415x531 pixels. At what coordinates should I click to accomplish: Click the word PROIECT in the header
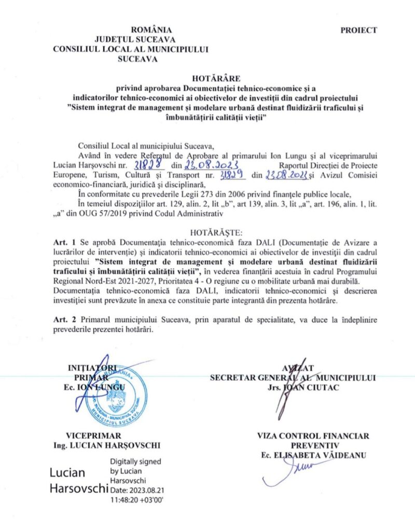coord(358,30)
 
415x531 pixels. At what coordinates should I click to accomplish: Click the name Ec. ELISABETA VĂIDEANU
coord(313,455)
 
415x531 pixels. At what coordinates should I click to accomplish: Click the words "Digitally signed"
coord(136,462)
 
